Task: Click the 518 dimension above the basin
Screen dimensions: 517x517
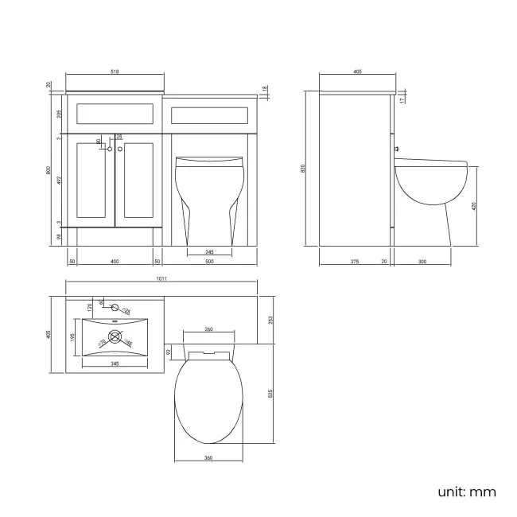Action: [x=115, y=72]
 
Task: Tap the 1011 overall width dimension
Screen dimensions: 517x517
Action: [x=161, y=279]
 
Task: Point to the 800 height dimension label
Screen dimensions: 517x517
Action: [x=49, y=170]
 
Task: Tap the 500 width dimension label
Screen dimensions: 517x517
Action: [x=210, y=262]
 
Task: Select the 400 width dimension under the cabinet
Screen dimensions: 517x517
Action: [x=115, y=262]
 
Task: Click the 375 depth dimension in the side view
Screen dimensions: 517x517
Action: [x=353, y=262]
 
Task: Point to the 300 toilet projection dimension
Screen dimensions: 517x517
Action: [x=422, y=262]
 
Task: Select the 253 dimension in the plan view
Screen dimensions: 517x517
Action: [x=271, y=320]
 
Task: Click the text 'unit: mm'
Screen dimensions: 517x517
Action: [x=466, y=492]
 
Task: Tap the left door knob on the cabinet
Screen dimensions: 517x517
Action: [x=110, y=149]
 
